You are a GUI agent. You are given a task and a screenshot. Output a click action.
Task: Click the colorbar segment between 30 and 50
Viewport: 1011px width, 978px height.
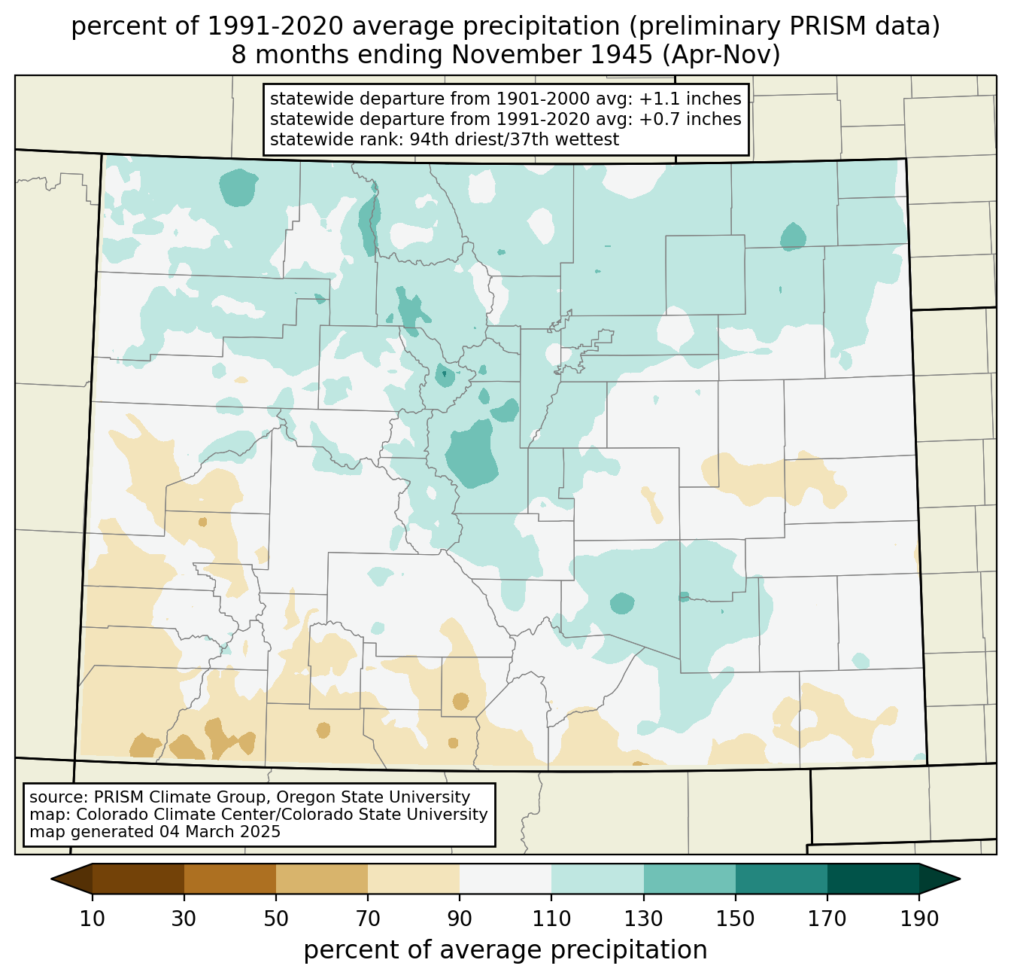(230, 879)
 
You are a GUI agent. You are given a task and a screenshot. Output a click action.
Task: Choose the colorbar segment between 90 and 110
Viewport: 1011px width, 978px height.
(506, 879)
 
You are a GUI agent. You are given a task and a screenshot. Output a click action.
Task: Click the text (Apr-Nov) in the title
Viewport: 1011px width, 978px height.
(721, 55)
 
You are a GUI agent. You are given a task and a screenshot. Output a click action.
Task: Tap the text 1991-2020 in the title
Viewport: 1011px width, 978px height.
(275, 26)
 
